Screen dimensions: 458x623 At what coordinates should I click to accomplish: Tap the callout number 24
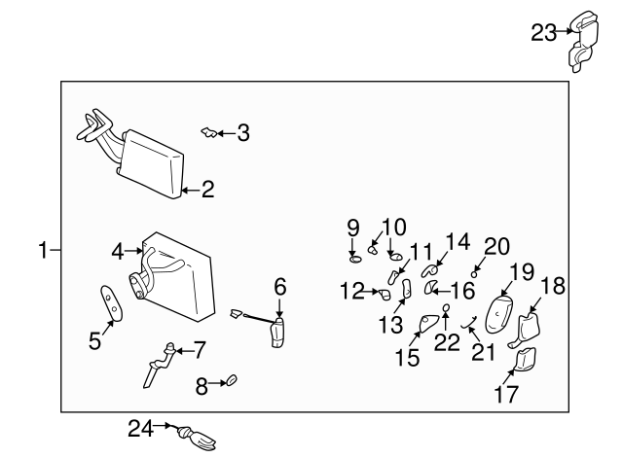coord(141,426)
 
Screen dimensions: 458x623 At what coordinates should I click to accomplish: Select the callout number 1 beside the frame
coord(43,251)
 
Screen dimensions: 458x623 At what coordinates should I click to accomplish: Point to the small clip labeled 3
coord(207,132)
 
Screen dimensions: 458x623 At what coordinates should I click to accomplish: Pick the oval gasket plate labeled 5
coord(112,302)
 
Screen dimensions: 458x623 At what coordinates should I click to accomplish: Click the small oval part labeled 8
coord(233,381)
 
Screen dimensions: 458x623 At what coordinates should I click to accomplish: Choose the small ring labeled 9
coord(355,258)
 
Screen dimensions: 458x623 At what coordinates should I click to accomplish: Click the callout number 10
coord(391,227)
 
